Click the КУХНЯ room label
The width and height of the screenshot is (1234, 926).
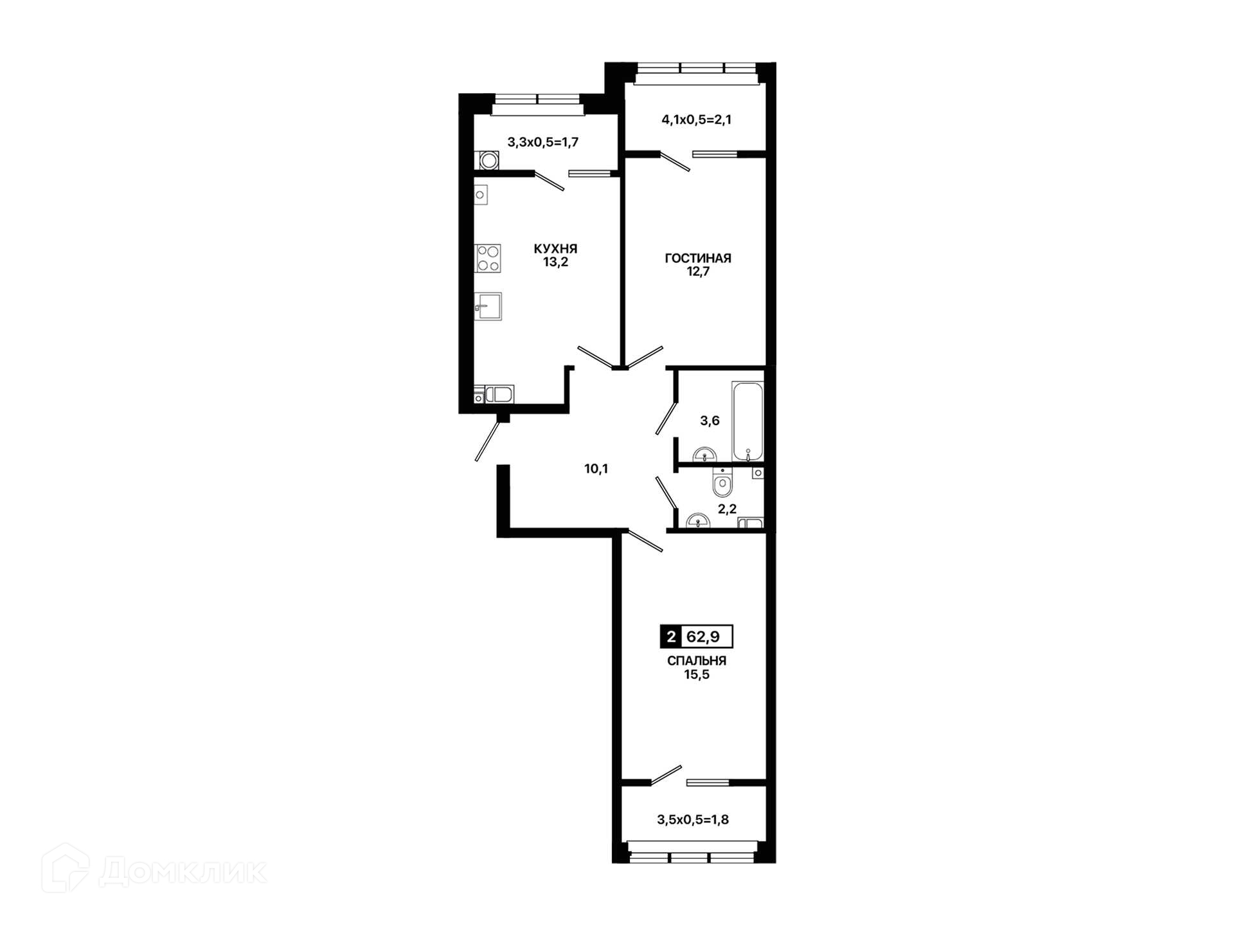(555, 248)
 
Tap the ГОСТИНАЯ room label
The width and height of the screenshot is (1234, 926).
(698, 258)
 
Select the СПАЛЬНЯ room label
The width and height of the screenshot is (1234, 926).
(697, 660)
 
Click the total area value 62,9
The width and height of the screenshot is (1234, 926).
(703, 637)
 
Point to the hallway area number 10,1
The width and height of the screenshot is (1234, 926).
(596, 469)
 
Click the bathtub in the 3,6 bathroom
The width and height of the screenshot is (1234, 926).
(747, 421)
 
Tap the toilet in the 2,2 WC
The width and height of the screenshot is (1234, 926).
(723, 482)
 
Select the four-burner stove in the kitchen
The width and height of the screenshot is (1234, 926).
(488, 259)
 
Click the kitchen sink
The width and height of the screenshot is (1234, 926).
(488, 306)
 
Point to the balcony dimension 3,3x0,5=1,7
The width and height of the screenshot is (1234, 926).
(543, 142)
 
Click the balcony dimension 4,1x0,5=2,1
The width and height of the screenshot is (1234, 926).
(697, 120)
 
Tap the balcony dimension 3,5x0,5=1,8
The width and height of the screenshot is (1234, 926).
(693, 820)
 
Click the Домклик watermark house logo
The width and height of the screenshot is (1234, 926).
(66, 868)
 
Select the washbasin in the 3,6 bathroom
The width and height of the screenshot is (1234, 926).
(705, 455)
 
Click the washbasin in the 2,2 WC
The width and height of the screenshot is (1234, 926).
(697, 521)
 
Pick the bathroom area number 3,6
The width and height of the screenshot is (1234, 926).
(710, 421)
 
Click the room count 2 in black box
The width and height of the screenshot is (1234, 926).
(671, 637)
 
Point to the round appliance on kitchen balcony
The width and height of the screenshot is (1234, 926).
(488, 160)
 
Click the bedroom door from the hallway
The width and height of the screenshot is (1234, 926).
(644, 540)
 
